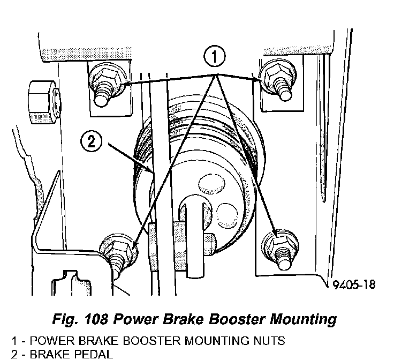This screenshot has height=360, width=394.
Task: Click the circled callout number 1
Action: tap(214, 56)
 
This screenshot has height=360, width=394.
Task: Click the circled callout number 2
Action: tap(91, 142)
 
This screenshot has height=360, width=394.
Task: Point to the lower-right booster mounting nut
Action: tap(280, 247)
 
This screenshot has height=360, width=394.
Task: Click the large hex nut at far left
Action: tap(44, 102)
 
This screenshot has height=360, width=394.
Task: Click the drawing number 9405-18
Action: tap(354, 284)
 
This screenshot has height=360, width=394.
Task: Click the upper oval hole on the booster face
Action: tap(212, 184)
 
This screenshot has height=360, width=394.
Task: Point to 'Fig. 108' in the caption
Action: tap(80, 320)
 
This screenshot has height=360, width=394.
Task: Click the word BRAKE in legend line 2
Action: tap(50, 354)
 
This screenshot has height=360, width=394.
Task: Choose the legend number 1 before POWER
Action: tap(14, 341)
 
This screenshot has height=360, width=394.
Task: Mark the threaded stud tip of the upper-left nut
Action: tap(101, 99)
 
